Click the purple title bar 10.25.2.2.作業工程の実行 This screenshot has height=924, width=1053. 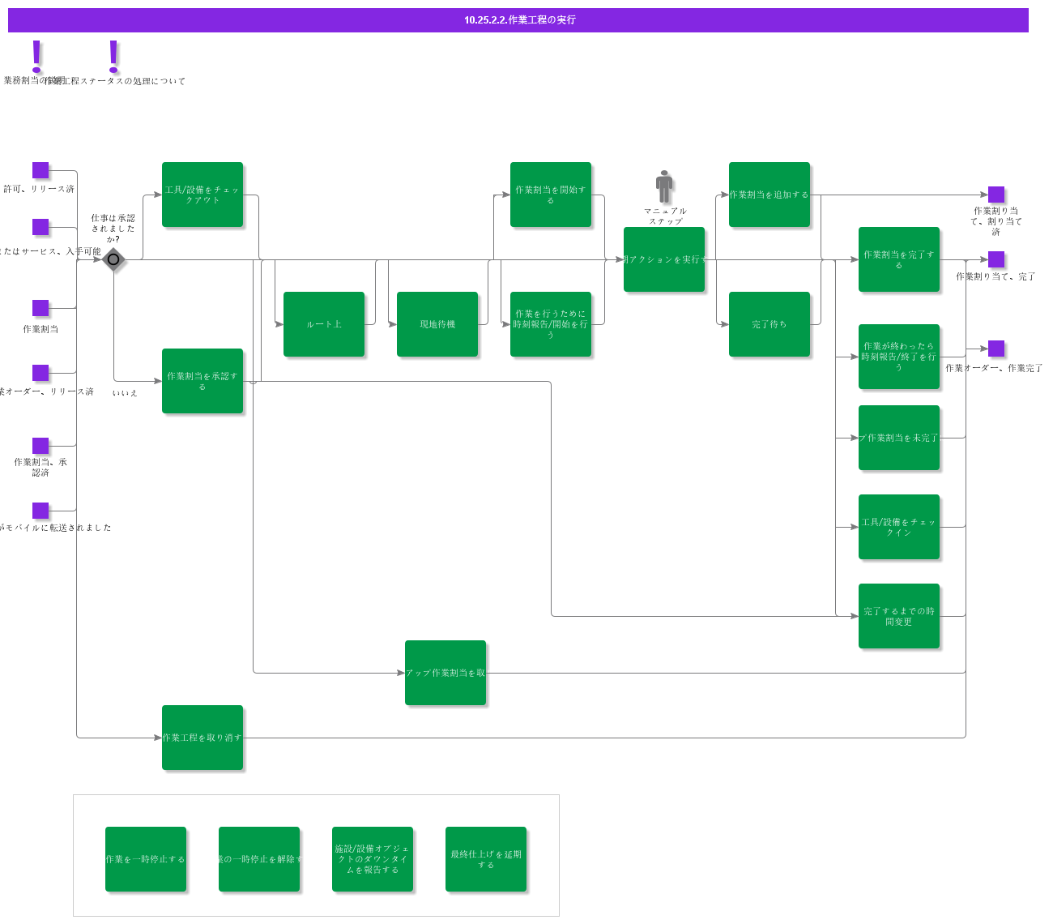(518, 20)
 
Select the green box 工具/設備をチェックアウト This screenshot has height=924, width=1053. (202, 195)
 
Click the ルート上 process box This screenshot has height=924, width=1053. (324, 324)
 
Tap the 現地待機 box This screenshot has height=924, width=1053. (437, 324)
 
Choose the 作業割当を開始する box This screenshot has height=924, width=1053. (551, 195)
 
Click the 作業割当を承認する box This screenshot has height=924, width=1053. (202, 381)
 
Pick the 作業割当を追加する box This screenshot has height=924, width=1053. (769, 195)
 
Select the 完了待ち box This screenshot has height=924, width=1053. (769, 324)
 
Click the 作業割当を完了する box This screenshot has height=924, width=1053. (899, 259)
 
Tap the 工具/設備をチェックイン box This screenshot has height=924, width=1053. (899, 527)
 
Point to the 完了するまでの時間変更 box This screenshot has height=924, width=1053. (899, 616)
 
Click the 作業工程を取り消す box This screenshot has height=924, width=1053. (202, 738)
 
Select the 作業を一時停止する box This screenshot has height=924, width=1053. (146, 859)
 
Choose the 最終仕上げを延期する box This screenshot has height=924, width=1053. (486, 859)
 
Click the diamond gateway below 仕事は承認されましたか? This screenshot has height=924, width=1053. (113, 259)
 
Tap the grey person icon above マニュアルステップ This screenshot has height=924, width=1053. (664, 186)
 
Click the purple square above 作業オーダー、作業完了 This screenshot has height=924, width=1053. (996, 349)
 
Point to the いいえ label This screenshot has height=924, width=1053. (125, 393)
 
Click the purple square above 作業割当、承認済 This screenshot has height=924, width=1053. (40, 446)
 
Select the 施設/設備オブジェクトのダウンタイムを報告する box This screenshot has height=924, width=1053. (373, 859)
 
